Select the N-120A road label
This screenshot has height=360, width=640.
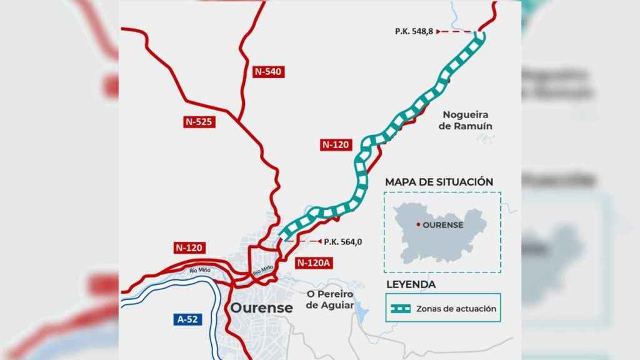(314, 262)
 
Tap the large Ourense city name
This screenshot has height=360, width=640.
(261, 308)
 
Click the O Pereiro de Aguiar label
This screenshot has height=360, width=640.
(330, 299)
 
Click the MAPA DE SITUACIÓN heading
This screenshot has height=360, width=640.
(439, 182)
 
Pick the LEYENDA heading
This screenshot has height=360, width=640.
(411, 284)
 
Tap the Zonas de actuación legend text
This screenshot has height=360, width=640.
(456, 308)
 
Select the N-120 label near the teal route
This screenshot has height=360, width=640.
(336, 144)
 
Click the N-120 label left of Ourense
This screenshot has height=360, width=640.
(188, 248)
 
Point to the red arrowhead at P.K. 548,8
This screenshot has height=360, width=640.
(439, 31)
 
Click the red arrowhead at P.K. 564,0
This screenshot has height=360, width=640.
(317, 241)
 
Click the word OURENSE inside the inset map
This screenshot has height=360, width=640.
(442, 225)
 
